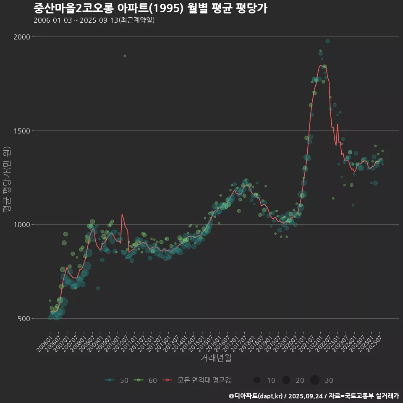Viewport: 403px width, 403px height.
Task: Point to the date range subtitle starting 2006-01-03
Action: [x=94, y=20]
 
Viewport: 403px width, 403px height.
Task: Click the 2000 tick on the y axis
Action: [x=22, y=37]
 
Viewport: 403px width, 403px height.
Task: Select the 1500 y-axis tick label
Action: [x=22, y=131]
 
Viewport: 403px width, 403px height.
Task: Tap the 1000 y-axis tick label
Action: [x=22, y=225]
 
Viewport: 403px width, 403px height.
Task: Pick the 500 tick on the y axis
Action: [x=24, y=319]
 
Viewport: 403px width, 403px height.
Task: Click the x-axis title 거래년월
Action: [x=216, y=358]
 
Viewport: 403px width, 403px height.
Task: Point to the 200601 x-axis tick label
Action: [x=44, y=343]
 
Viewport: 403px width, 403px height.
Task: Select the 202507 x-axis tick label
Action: [x=374, y=343]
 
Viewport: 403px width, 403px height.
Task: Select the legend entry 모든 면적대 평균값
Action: [x=197, y=380]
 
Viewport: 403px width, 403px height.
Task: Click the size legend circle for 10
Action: [x=257, y=380]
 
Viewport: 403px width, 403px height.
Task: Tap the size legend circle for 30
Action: [x=314, y=380]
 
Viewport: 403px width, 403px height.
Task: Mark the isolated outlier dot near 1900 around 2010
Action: [x=125, y=56]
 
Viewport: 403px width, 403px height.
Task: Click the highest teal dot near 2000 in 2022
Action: [x=327, y=41]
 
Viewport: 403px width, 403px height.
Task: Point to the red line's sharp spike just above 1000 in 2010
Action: [x=122, y=214]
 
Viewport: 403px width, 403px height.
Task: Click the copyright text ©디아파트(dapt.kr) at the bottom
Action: [x=256, y=396]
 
